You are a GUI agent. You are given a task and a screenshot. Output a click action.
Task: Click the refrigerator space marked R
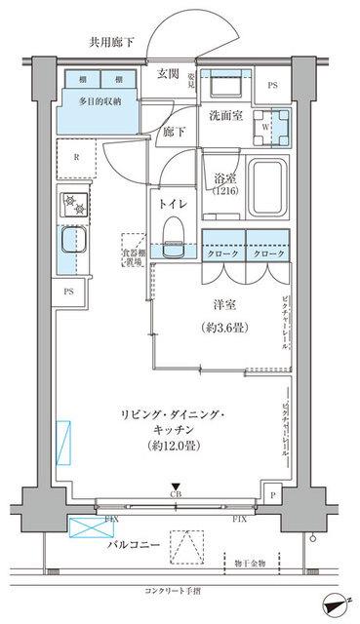[x=74, y=155]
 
